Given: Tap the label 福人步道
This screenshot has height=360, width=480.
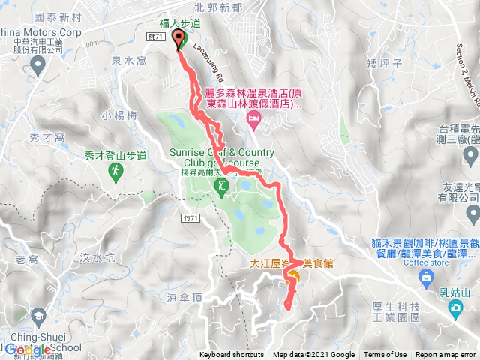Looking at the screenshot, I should click(x=180, y=23).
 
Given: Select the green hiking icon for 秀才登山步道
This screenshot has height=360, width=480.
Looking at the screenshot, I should click(x=115, y=171).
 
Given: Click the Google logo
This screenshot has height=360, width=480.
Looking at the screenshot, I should click(x=28, y=349).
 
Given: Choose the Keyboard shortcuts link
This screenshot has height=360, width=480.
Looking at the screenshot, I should click(x=232, y=355).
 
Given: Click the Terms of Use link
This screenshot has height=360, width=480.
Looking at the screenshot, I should click(x=385, y=355).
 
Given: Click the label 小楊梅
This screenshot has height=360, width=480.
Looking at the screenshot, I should click(x=121, y=115).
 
